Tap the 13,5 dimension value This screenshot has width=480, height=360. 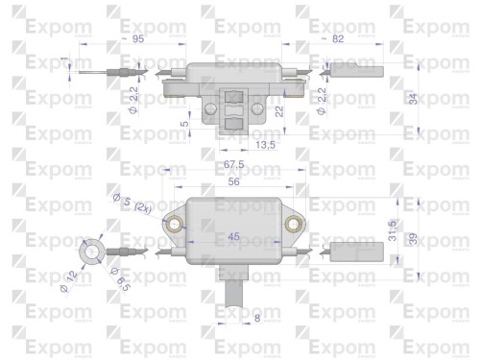pyautogui.click(x=240, y=146)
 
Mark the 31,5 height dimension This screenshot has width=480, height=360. pyautogui.click(x=395, y=234)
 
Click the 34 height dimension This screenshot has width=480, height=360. pyautogui.click(x=414, y=98)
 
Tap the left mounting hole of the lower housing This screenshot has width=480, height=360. pyautogui.click(x=176, y=225)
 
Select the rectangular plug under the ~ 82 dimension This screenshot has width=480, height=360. pyautogui.click(x=357, y=69)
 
